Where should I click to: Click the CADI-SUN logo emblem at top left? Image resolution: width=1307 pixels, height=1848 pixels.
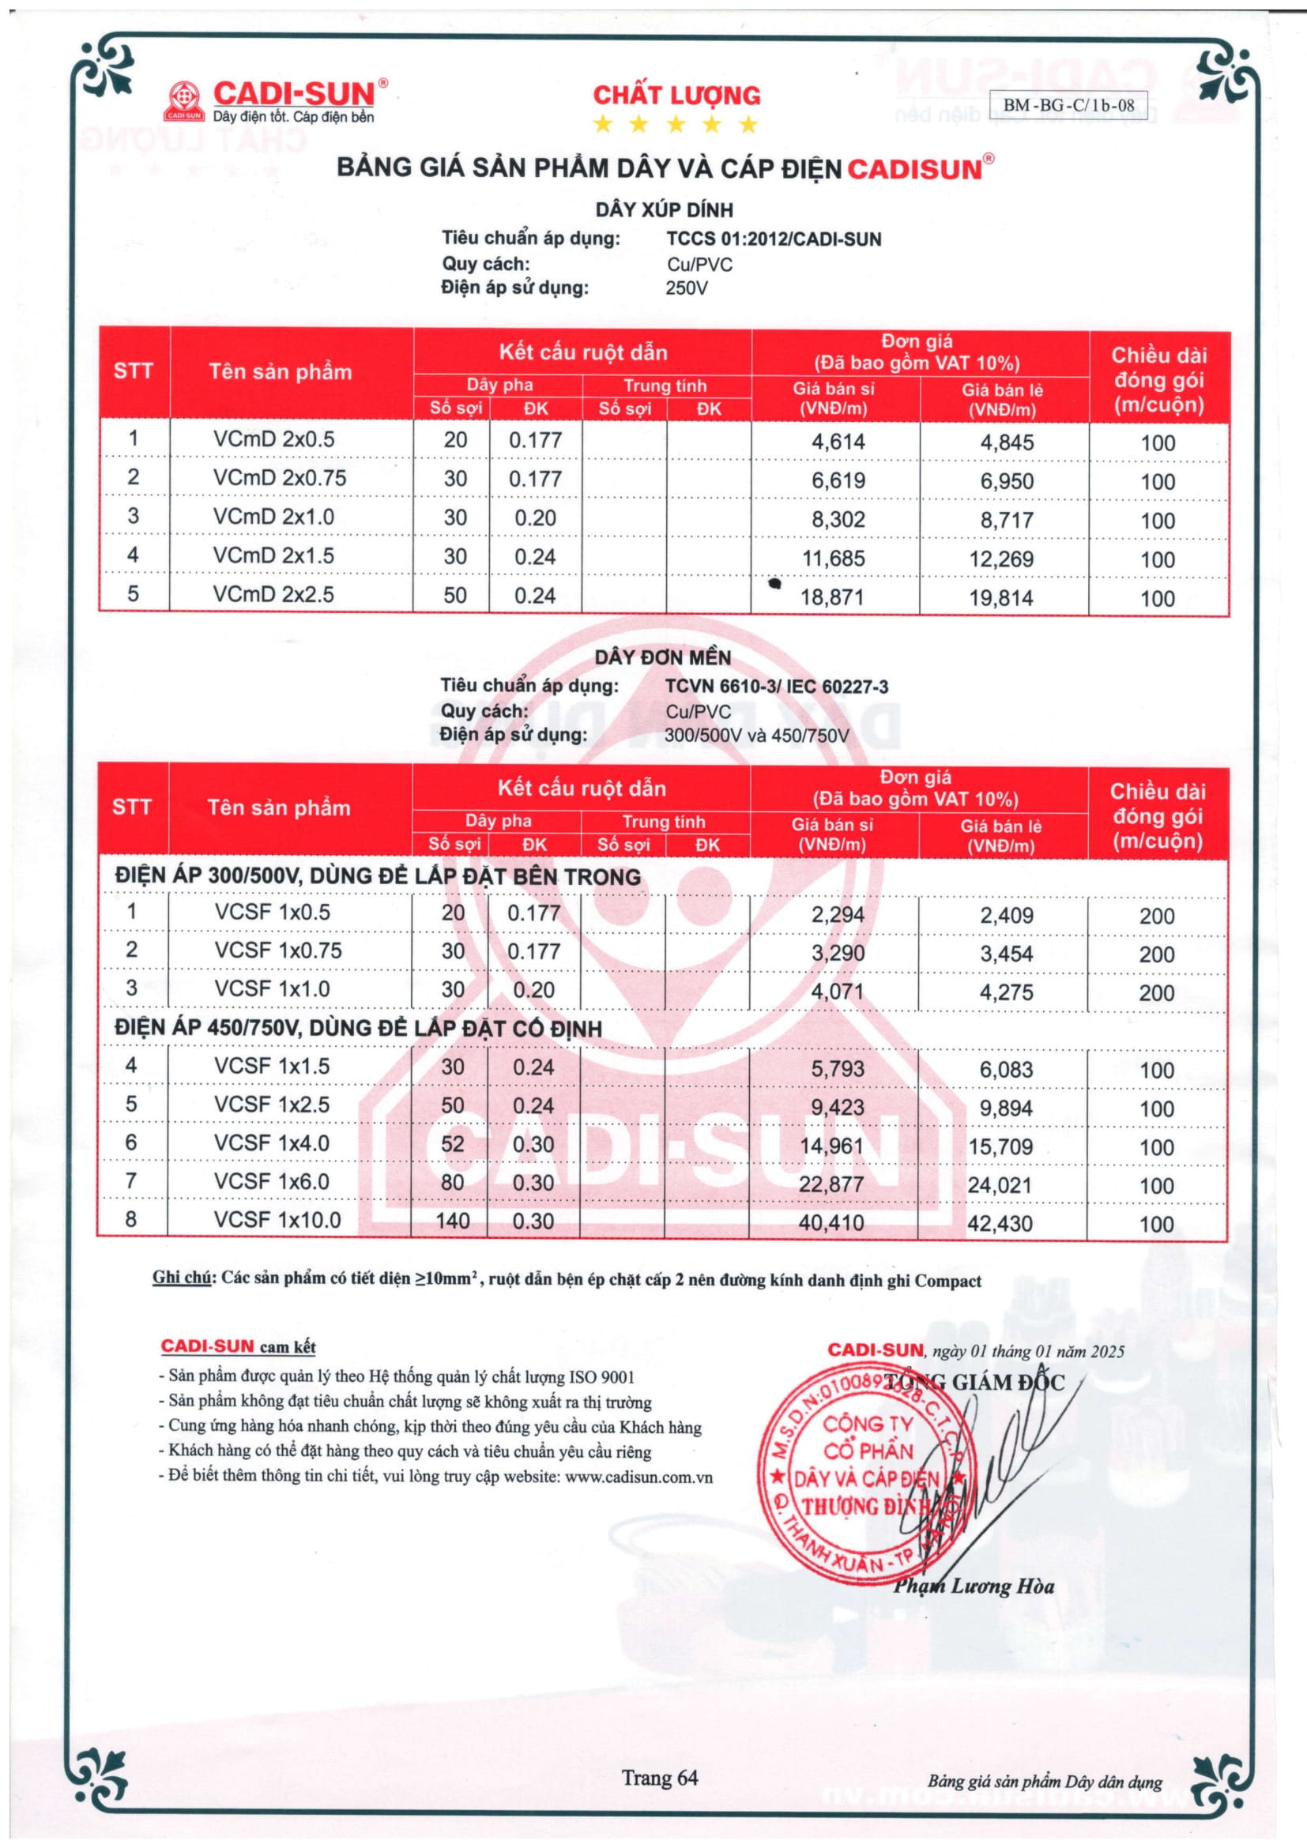185,100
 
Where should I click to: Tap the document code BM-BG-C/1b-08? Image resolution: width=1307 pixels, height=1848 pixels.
1068,104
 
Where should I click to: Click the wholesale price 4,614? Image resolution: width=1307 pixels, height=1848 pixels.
838,442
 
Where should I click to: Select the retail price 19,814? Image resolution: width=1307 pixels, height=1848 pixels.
1001,598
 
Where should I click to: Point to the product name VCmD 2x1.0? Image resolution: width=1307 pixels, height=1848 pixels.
273,517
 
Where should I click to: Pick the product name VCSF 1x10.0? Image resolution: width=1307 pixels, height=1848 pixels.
277,1219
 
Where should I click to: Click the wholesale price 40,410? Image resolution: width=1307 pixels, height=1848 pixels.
831,1223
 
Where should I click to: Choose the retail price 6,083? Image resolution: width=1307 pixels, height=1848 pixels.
1005,1070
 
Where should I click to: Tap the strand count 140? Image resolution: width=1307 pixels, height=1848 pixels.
452,1221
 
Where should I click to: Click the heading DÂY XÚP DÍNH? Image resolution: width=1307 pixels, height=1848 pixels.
664,210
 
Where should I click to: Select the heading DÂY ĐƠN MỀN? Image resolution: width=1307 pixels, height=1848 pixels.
662,657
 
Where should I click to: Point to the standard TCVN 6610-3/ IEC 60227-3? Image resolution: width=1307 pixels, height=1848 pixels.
777,687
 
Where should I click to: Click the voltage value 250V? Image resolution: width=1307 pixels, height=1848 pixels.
686,288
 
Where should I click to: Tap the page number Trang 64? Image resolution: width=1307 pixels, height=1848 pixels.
659,1778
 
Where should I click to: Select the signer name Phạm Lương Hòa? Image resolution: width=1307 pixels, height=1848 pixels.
973,1586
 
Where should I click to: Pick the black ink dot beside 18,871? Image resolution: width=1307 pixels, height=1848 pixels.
775,584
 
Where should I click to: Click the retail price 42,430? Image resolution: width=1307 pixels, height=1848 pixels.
1000,1224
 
